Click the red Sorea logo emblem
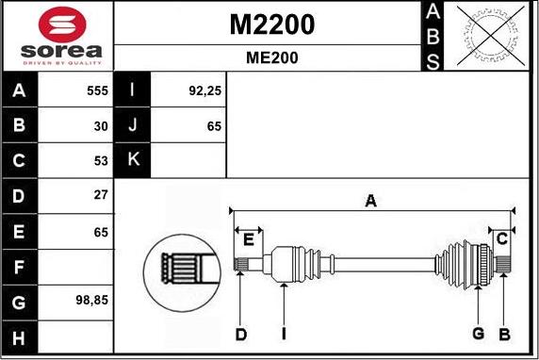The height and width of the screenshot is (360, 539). click(62, 25)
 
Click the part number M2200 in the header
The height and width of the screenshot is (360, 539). click(272, 25)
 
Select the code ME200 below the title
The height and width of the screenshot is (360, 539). click(272, 57)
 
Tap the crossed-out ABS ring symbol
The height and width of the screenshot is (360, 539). click(491, 36)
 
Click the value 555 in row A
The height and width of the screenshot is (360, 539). click(98, 90)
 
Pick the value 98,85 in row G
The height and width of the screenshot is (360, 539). click(91, 301)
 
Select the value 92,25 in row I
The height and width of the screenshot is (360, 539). click(204, 90)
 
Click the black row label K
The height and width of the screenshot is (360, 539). click(132, 160)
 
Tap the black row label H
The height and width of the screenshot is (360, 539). click(19, 337)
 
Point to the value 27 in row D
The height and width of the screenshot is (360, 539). click(101, 195)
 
